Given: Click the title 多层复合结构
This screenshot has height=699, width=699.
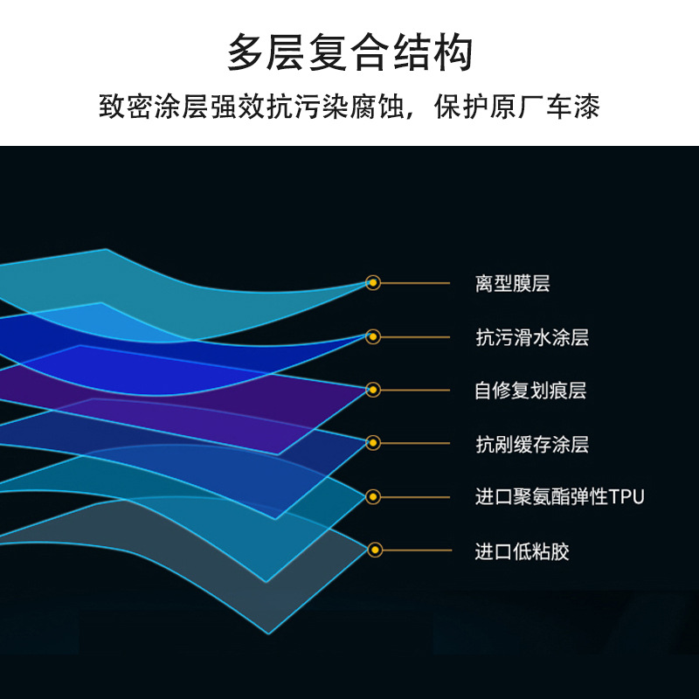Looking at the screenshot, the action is click(350, 52).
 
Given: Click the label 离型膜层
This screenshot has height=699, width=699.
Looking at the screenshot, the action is click(513, 283).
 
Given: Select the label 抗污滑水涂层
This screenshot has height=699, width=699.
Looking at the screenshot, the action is click(532, 337).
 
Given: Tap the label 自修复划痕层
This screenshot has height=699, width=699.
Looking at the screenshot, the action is click(530, 391).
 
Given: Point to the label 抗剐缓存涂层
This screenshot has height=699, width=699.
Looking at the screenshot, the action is click(532, 444).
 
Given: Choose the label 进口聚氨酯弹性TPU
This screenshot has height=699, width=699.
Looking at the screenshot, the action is click(560, 496).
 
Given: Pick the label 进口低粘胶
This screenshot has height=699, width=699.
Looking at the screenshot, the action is click(522, 551).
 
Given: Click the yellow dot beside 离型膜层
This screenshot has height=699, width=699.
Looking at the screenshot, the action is click(373, 282).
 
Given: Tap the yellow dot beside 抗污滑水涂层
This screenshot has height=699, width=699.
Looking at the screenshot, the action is click(373, 336).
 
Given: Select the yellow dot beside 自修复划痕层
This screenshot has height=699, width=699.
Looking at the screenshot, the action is click(373, 390).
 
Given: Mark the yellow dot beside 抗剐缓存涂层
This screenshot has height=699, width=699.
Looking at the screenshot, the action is click(373, 443).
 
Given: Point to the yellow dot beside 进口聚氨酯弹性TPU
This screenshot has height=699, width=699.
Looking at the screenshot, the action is click(373, 496).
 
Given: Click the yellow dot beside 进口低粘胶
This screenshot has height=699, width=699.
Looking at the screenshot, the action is click(375, 550).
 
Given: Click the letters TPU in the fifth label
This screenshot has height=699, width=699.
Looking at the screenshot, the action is click(626, 496).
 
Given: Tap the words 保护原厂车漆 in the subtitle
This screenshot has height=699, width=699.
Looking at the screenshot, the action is click(517, 107).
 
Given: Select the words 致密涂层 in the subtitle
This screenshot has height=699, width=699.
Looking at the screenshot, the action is click(154, 107).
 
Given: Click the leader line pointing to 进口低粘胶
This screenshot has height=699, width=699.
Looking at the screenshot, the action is click(417, 550).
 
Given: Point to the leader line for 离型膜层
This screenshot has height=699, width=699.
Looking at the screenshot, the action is click(415, 283).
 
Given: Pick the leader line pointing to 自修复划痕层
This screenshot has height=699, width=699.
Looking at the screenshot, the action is click(415, 390).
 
